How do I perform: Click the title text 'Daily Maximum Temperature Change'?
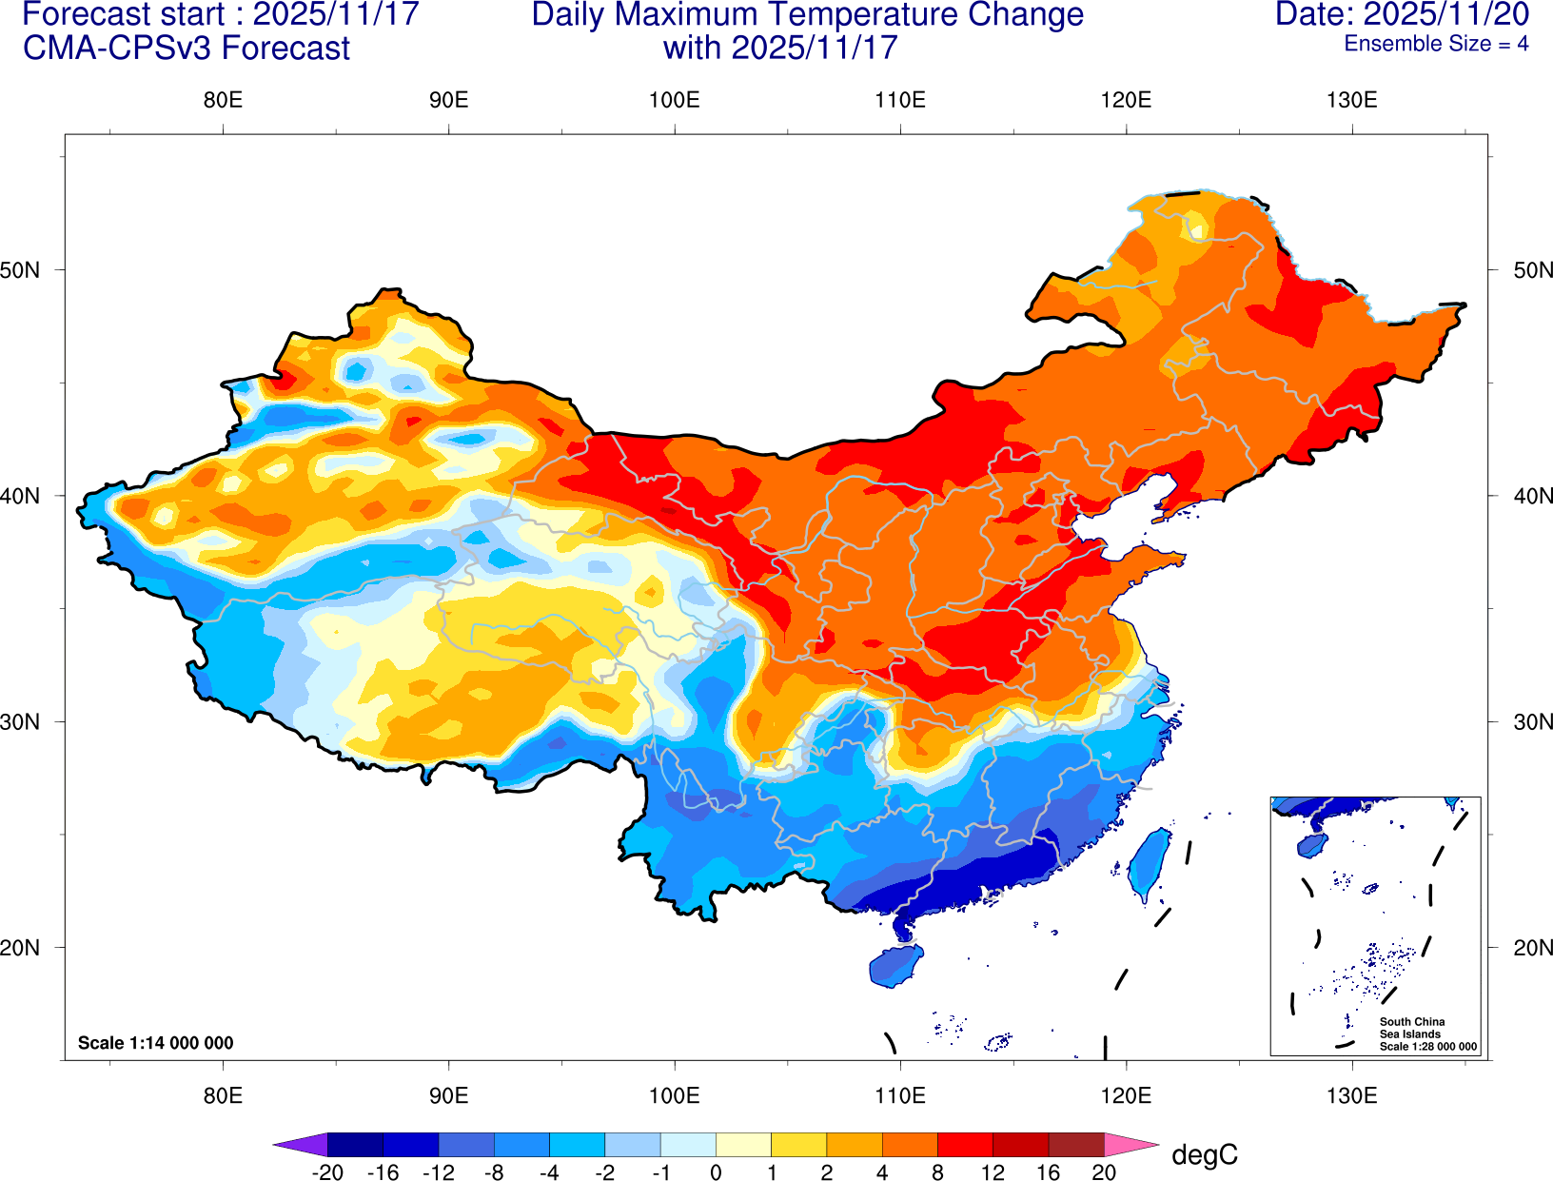click(807, 15)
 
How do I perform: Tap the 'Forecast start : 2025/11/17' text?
click(220, 15)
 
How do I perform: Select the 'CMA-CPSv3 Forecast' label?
click(187, 49)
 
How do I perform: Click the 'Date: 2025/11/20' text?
click(1402, 15)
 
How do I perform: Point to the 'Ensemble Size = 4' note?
click(1436, 44)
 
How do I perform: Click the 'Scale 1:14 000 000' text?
click(155, 1043)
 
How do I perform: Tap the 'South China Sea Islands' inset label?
click(1411, 1028)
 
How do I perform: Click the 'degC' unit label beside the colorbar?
click(1205, 1155)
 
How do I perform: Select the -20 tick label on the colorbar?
click(327, 1172)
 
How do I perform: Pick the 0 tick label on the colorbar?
click(716, 1172)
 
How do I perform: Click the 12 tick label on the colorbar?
click(993, 1172)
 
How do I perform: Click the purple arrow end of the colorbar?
click(300, 1144)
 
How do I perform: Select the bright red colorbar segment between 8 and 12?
click(965, 1144)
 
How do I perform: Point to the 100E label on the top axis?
click(675, 101)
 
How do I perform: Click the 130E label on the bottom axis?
click(1351, 1095)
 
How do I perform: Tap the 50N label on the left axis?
click(21, 270)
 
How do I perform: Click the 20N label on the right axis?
click(1532, 948)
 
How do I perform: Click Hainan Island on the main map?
click(895, 965)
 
